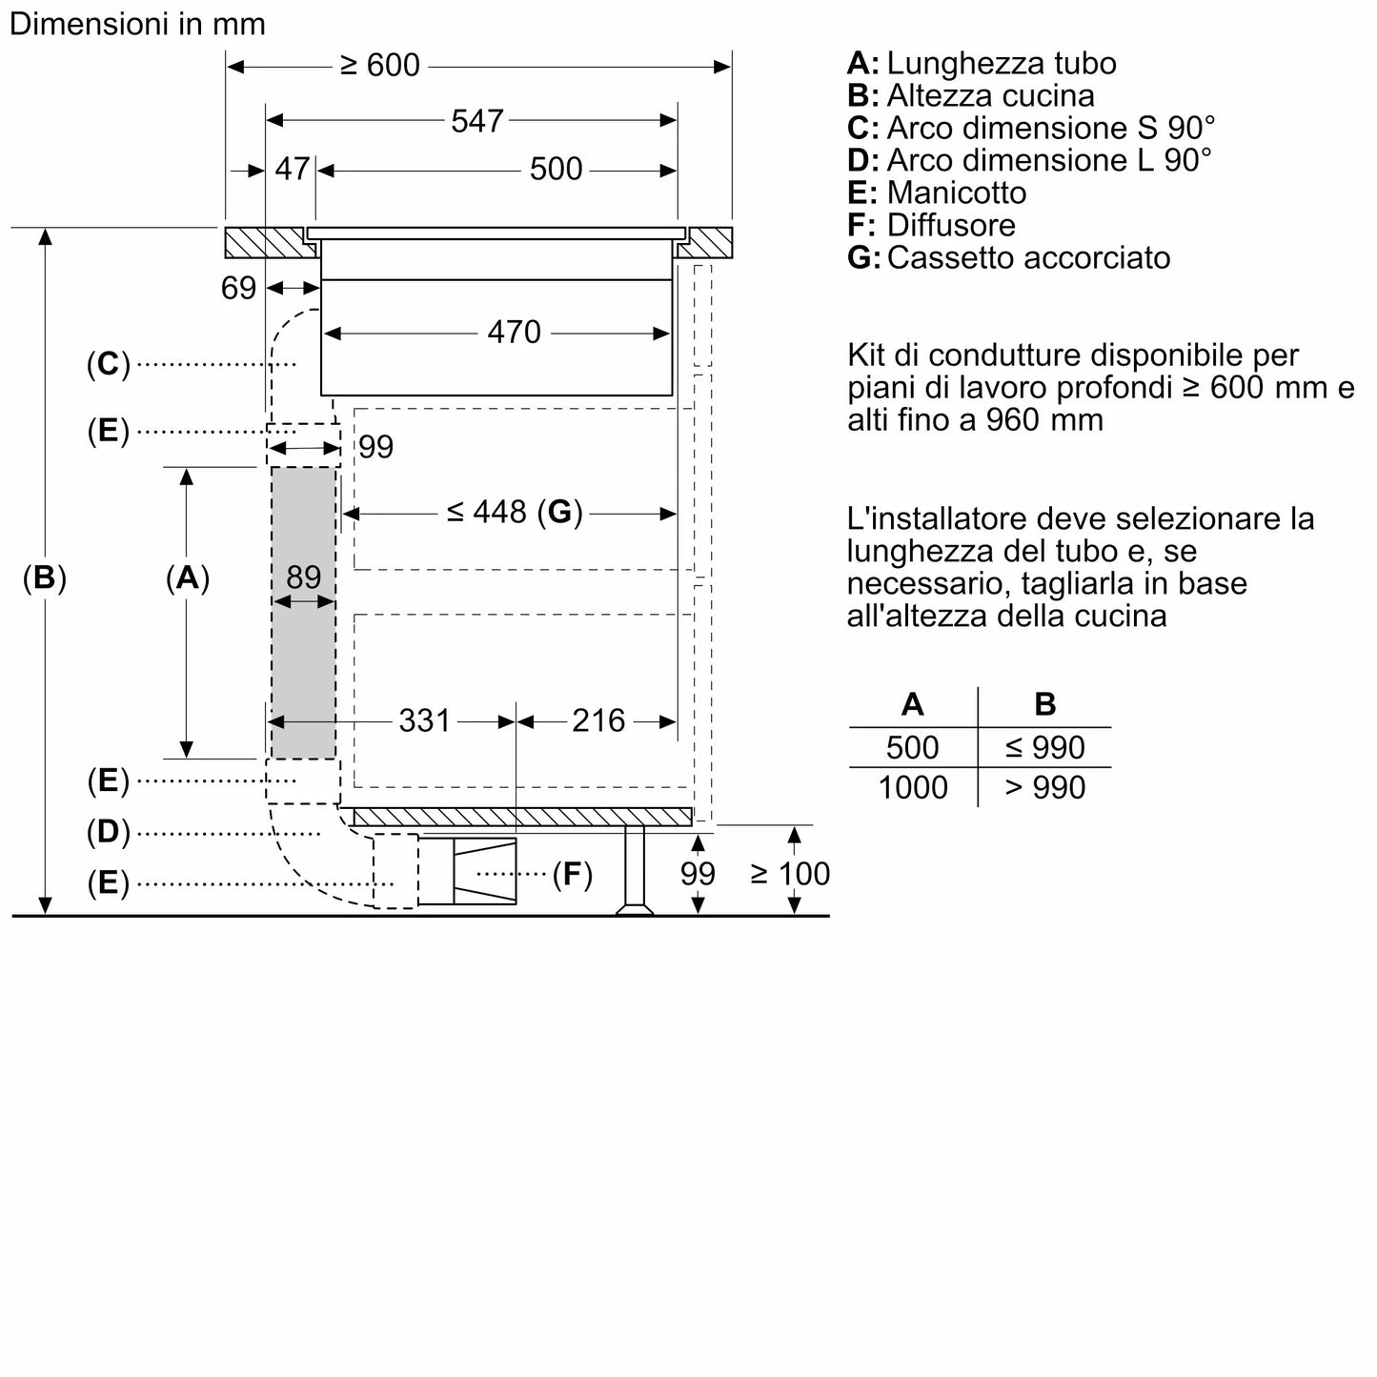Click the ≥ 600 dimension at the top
tap(380, 65)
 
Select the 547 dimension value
tap(476, 120)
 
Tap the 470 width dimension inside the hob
tap(514, 332)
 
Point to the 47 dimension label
tap(292, 169)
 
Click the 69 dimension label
tap(238, 287)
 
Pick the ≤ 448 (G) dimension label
tap(514, 513)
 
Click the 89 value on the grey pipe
tap(304, 577)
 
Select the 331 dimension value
tap(424, 720)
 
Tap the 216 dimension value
tap(598, 720)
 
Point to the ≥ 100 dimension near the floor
tap(790, 873)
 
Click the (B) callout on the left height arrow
tap(45, 577)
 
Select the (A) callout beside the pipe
tap(187, 577)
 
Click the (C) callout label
tap(108, 363)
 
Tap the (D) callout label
tap(108, 832)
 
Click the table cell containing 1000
tap(913, 787)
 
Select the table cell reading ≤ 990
tap(1044, 747)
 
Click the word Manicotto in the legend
tap(956, 192)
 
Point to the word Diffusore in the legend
tap(950, 225)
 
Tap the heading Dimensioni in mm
tap(137, 24)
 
